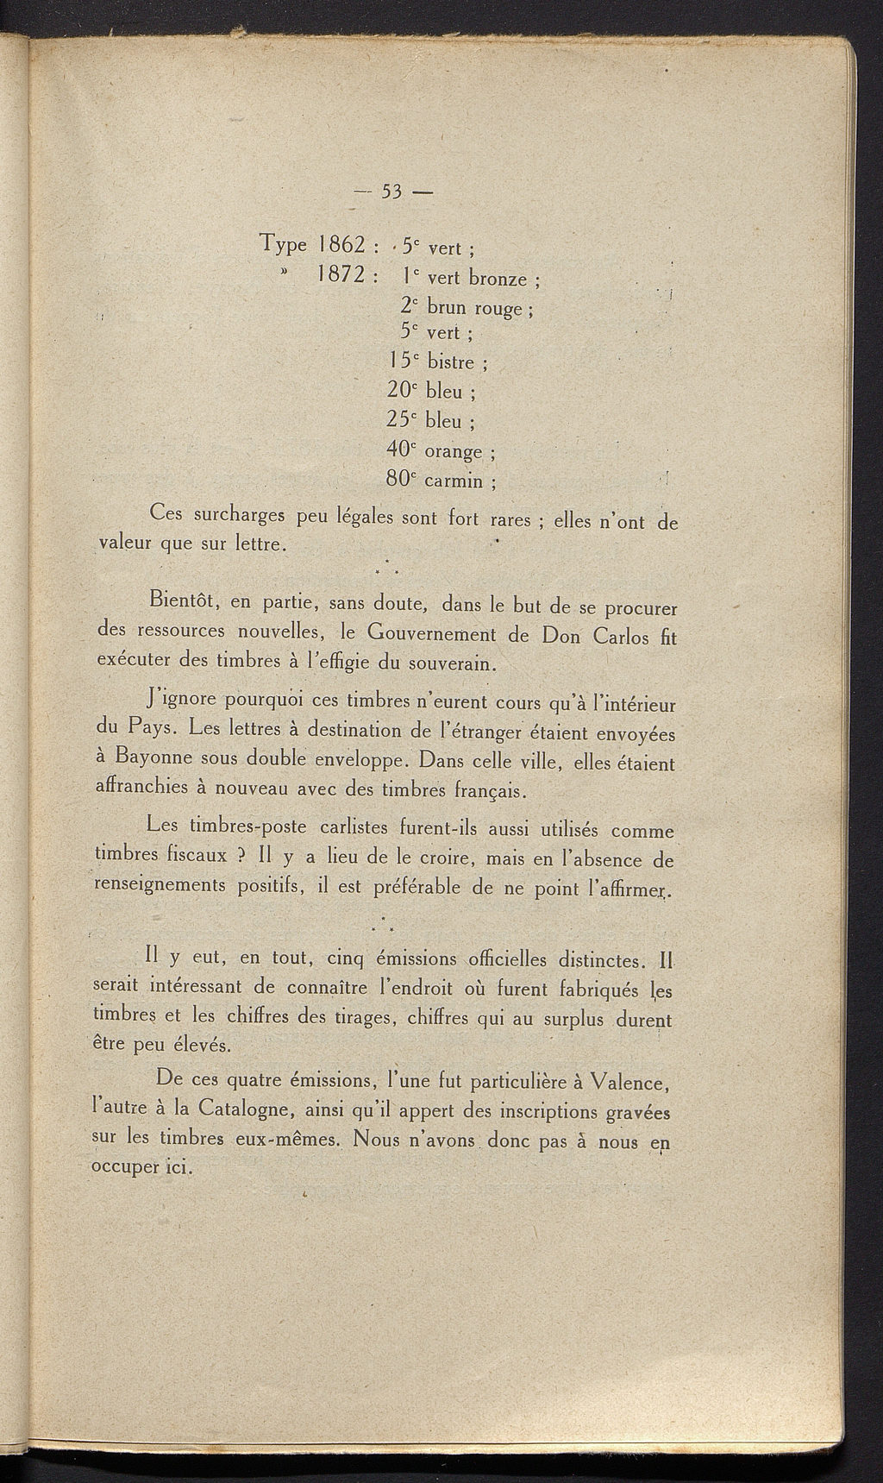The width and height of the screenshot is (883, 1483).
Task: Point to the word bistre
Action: click(x=452, y=362)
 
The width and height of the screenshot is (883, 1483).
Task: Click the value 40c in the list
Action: click(x=403, y=449)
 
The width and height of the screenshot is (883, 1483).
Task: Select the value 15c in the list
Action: click(x=403, y=361)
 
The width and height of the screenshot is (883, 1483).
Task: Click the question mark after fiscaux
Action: click(x=243, y=857)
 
